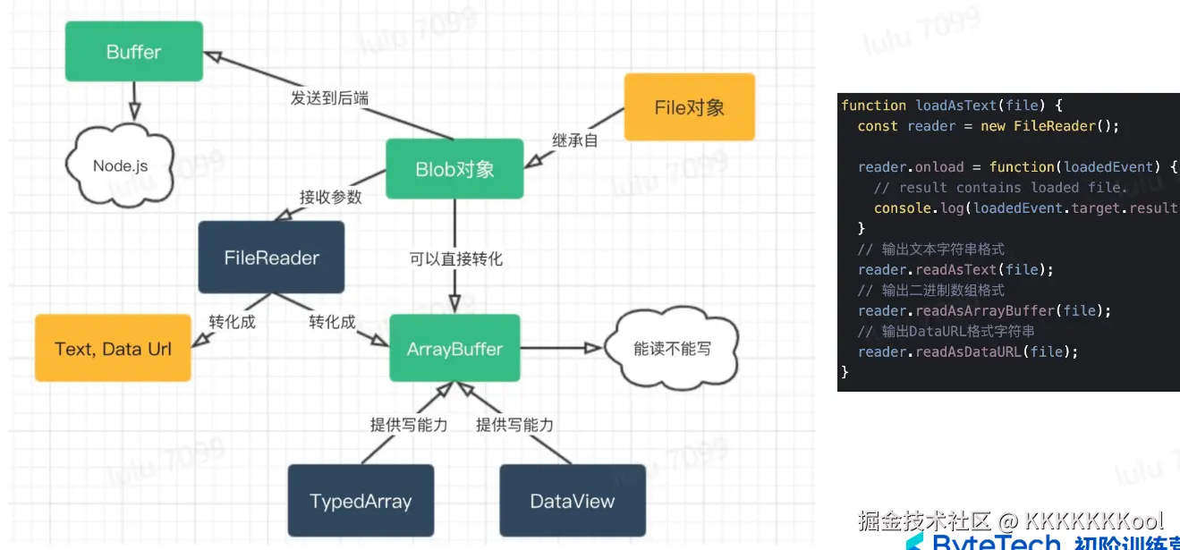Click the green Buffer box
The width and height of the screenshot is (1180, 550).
click(x=134, y=52)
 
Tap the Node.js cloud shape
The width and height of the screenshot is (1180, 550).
click(x=120, y=166)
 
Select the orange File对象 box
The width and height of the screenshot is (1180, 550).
click(x=689, y=107)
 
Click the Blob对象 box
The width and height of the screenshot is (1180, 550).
click(x=454, y=169)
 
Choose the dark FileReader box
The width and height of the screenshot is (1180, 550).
click(x=271, y=258)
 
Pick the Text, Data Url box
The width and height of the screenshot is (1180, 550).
click(x=113, y=349)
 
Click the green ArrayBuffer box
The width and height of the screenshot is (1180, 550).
click(x=454, y=349)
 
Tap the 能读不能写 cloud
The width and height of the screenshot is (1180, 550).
click(x=672, y=349)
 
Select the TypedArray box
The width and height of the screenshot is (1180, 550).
click(x=361, y=501)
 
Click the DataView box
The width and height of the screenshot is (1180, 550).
click(x=572, y=501)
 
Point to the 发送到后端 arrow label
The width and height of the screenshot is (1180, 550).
click(x=329, y=97)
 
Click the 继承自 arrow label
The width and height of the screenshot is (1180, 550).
click(x=574, y=140)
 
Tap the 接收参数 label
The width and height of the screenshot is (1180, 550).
click(x=330, y=197)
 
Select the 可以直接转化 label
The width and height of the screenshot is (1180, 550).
click(x=456, y=259)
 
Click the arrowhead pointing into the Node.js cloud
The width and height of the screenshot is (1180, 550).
click(x=133, y=114)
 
